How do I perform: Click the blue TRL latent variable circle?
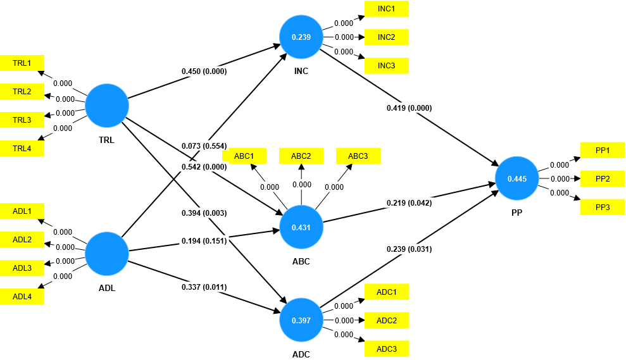tap(107, 105)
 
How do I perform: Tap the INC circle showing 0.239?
tap(301, 37)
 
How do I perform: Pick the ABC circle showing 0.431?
tap(301, 227)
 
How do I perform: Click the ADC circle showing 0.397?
tap(301, 320)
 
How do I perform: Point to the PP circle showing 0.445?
tap(517, 179)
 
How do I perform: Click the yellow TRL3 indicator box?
tap(22, 120)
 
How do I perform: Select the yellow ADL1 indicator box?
tap(22, 211)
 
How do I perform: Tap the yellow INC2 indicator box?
tap(386, 37)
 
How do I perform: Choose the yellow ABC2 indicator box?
tap(301, 156)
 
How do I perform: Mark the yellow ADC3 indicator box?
tap(386, 349)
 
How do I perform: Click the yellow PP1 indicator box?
tap(602, 150)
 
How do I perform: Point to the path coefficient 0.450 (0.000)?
tap(204, 71)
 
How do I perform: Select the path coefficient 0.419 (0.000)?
tap(409, 108)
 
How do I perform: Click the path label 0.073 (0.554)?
tap(204, 146)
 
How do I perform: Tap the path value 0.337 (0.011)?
tap(204, 288)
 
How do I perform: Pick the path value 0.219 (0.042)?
tap(409, 203)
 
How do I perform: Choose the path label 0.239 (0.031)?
tap(409, 249)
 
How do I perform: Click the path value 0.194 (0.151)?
tap(204, 241)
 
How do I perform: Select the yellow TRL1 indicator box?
tap(22, 63)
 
